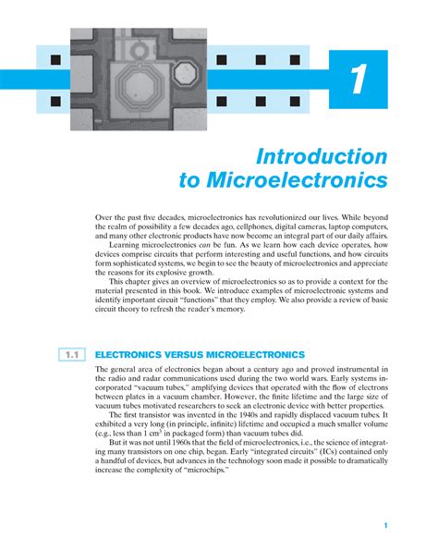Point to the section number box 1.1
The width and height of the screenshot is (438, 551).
pos(70,354)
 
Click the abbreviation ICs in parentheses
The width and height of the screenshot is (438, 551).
pos(310,476)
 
